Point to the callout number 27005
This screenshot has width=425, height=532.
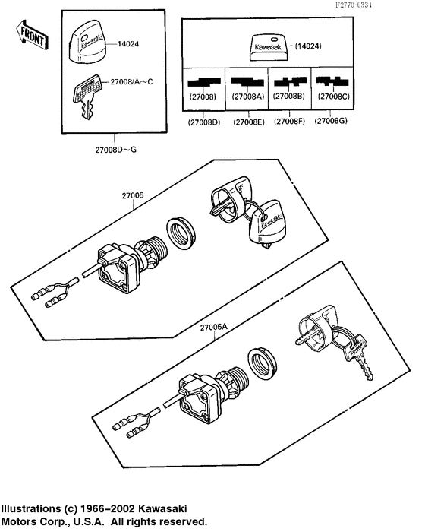pos(134,195)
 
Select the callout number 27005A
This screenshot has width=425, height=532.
pos(215,328)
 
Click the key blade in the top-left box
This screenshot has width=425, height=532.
pos(87,109)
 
